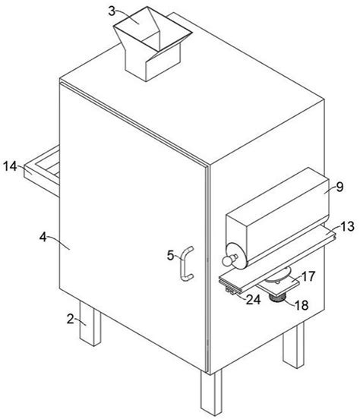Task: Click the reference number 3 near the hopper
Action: point(112,11)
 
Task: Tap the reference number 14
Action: point(10,166)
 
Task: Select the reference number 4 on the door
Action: point(43,237)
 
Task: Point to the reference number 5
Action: point(171,255)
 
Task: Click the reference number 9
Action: point(339,187)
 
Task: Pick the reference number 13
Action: point(347,226)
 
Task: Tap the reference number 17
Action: point(308,276)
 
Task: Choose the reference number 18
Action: point(302,305)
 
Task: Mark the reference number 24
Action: point(253,300)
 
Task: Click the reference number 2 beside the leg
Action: point(70,319)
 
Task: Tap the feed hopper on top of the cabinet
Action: point(153,43)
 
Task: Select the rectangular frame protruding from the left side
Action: point(42,171)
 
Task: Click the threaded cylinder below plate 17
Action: point(278,297)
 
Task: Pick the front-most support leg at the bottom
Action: point(211,392)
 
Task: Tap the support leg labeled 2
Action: point(90,323)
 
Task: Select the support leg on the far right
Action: point(294,345)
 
